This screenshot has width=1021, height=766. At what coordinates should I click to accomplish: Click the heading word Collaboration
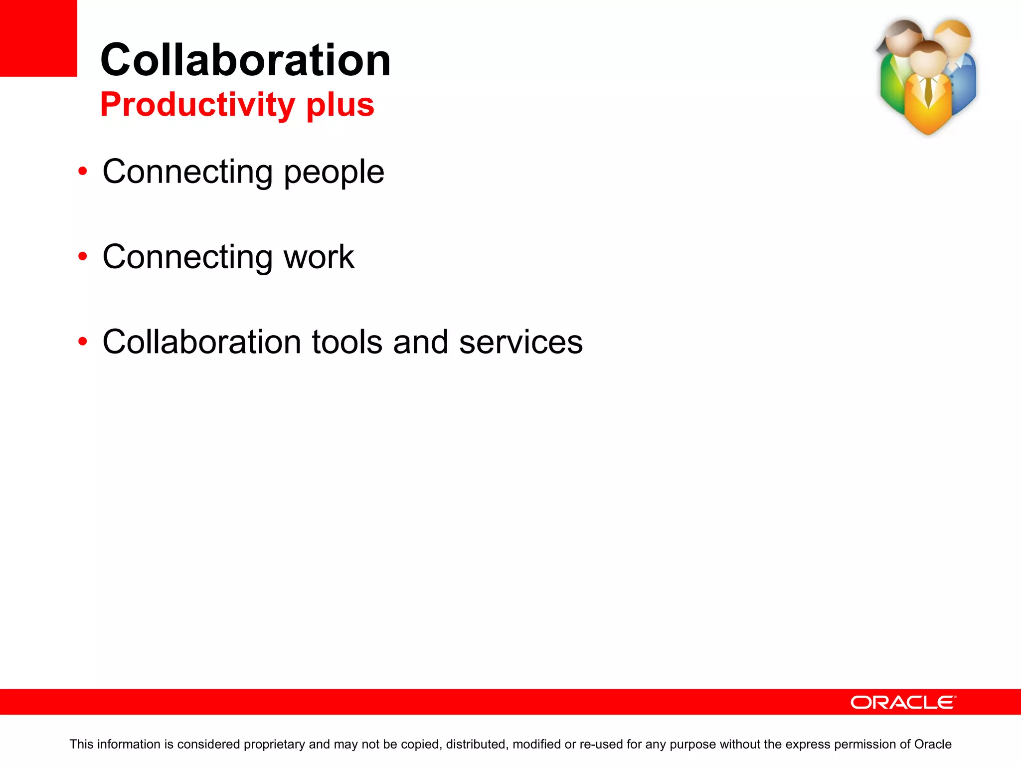pyautogui.click(x=245, y=60)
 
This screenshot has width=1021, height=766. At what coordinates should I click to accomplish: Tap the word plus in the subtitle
pyautogui.click(x=340, y=105)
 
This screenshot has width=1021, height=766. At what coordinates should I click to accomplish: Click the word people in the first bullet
pyautogui.click(x=334, y=173)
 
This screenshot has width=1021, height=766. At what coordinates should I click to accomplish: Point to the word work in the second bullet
pyautogui.click(x=319, y=257)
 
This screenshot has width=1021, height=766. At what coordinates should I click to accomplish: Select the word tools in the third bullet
pyautogui.click(x=347, y=342)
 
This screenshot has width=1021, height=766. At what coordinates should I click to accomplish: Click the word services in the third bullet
pyautogui.click(x=520, y=342)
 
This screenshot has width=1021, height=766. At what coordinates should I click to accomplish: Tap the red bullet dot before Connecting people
pyautogui.click(x=83, y=172)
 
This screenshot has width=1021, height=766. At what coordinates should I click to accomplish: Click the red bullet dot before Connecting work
pyautogui.click(x=83, y=257)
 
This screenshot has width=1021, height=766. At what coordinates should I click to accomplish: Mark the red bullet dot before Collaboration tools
pyautogui.click(x=83, y=342)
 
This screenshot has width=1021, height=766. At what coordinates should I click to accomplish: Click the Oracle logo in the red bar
pyautogui.click(x=903, y=702)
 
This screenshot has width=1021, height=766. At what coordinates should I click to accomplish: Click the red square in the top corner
pyautogui.click(x=38, y=38)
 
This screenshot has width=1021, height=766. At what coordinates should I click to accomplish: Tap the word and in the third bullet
pyautogui.click(x=421, y=342)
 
